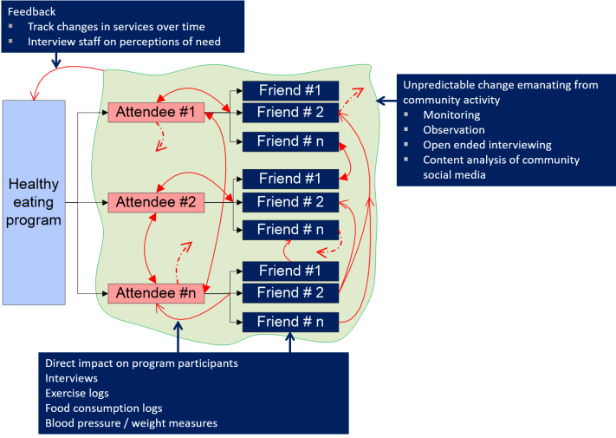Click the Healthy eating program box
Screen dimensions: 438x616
click(35, 202)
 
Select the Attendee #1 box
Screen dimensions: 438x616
click(156, 112)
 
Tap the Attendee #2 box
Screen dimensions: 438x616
click(156, 202)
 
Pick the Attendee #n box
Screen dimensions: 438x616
click(156, 293)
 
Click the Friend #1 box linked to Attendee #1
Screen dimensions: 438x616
click(289, 90)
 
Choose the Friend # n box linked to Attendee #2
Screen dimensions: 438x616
click(289, 230)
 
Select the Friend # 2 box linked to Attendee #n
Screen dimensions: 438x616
click(289, 293)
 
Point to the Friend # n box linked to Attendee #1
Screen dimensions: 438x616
click(289, 141)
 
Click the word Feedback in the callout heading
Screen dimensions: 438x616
click(31, 11)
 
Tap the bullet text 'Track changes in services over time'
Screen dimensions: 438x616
click(116, 26)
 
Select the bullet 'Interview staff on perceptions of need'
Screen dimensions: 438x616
click(124, 41)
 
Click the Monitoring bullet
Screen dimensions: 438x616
click(451, 114)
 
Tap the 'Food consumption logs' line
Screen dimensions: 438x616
click(103, 408)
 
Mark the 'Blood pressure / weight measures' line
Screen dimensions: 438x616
click(131, 423)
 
